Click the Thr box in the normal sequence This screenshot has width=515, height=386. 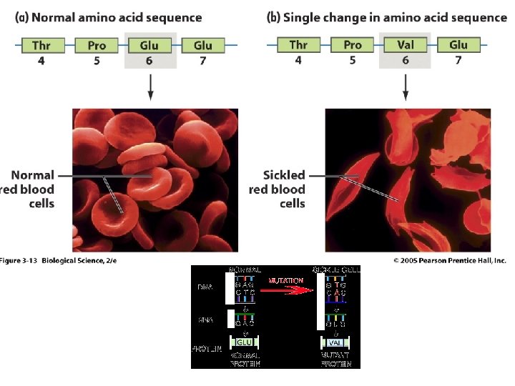pyautogui.click(x=41, y=46)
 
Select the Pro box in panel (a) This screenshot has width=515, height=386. pyautogui.click(x=96, y=46)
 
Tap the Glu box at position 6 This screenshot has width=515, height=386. pyautogui.click(x=149, y=46)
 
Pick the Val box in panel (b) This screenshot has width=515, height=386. pyautogui.click(x=405, y=46)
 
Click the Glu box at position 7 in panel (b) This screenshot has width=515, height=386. pyautogui.click(x=458, y=46)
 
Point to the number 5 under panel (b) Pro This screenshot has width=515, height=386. pyautogui.click(x=352, y=61)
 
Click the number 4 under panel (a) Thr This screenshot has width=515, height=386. pyautogui.click(x=41, y=61)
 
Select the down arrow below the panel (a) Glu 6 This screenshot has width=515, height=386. pyautogui.click(x=149, y=86)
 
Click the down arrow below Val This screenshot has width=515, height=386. pyautogui.click(x=405, y=86)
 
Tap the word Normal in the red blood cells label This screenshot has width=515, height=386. pyautogui.click(x=32, y=175)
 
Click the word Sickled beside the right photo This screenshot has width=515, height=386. pyautogui.click(x=284, y=175)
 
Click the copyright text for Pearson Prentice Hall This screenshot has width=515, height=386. pyautogui.click(x=449, y=260)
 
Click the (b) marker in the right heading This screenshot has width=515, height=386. pyautogui.click(x=273, y=17)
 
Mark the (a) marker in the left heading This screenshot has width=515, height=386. pyautogui.click(x=22, y=17)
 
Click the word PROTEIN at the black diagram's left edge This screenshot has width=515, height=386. pyautogui.click(x=206, y=348)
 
